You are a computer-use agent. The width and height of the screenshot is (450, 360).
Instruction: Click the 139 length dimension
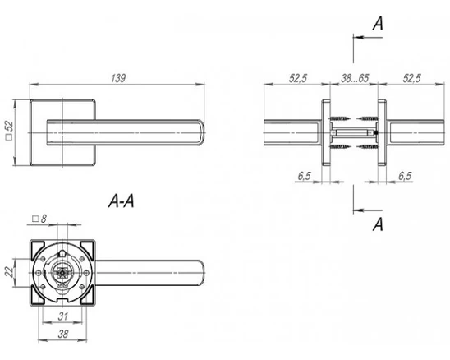click(x=118, y=78)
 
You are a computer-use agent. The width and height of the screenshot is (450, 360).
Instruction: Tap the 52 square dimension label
click(x=10, y=130)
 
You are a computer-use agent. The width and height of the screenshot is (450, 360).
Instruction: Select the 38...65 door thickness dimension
click(x=355, y=78)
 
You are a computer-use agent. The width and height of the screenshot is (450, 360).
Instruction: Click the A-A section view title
click(x=121, y=201)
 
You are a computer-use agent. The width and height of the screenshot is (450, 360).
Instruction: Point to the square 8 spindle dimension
click(x=39, y=219)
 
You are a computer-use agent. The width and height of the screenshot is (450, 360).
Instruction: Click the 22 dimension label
click(x=10, y=271)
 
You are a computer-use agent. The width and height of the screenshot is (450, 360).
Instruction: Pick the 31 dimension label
click(x=63, y=316)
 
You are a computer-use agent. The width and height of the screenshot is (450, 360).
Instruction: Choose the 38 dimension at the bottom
click(x=63, y=334)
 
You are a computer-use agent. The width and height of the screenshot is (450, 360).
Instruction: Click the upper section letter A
click(x=378, y=23)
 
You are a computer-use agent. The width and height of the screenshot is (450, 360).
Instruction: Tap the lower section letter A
click(x=378, y=224)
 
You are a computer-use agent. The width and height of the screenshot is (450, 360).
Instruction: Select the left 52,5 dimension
click(x=298, y=78)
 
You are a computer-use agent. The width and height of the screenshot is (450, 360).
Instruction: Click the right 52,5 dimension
click(x=411, y=78)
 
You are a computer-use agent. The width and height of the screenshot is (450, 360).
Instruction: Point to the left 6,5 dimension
click(x=304, y=176)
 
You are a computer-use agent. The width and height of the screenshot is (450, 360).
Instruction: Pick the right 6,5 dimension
click(x=405, y=176)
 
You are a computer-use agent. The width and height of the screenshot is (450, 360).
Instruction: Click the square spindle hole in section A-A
click(x=62, y=272)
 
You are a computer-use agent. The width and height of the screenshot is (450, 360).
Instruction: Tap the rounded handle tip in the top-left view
click(x=201, y=132)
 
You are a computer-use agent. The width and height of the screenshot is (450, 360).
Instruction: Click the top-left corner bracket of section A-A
click(x=38, y=248)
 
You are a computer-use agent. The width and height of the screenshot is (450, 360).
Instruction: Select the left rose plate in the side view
click(x=326, y=132)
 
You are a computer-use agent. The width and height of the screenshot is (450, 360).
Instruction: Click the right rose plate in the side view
click(x=382, y=132)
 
